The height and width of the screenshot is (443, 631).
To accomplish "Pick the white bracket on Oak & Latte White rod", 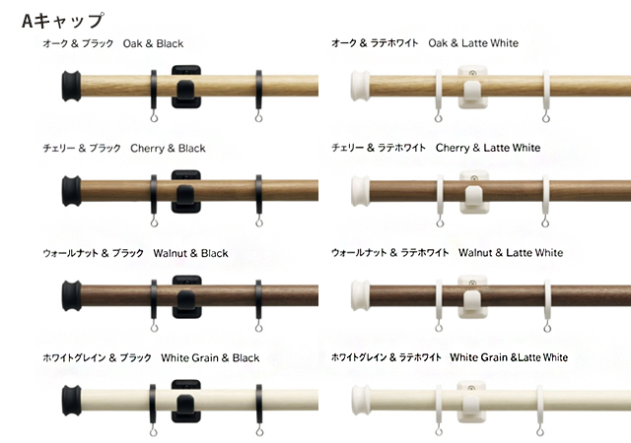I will (473, 86).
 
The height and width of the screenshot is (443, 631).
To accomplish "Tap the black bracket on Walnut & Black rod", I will (185, 294).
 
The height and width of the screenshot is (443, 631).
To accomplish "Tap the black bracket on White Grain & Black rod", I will (185, 399).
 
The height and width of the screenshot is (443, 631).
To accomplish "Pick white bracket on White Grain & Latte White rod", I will (473, 400).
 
